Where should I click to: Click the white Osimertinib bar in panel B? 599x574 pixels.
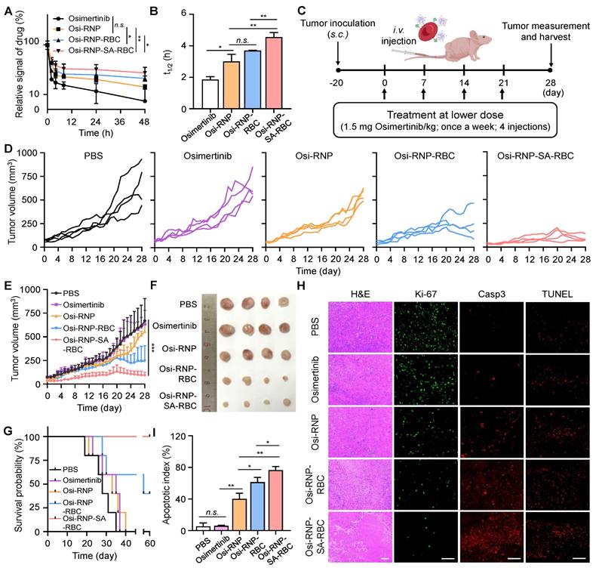(x=210, y=84)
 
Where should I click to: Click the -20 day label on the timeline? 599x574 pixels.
(x=337, y=79)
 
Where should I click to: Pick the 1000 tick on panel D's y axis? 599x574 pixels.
(x=28, y=153)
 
